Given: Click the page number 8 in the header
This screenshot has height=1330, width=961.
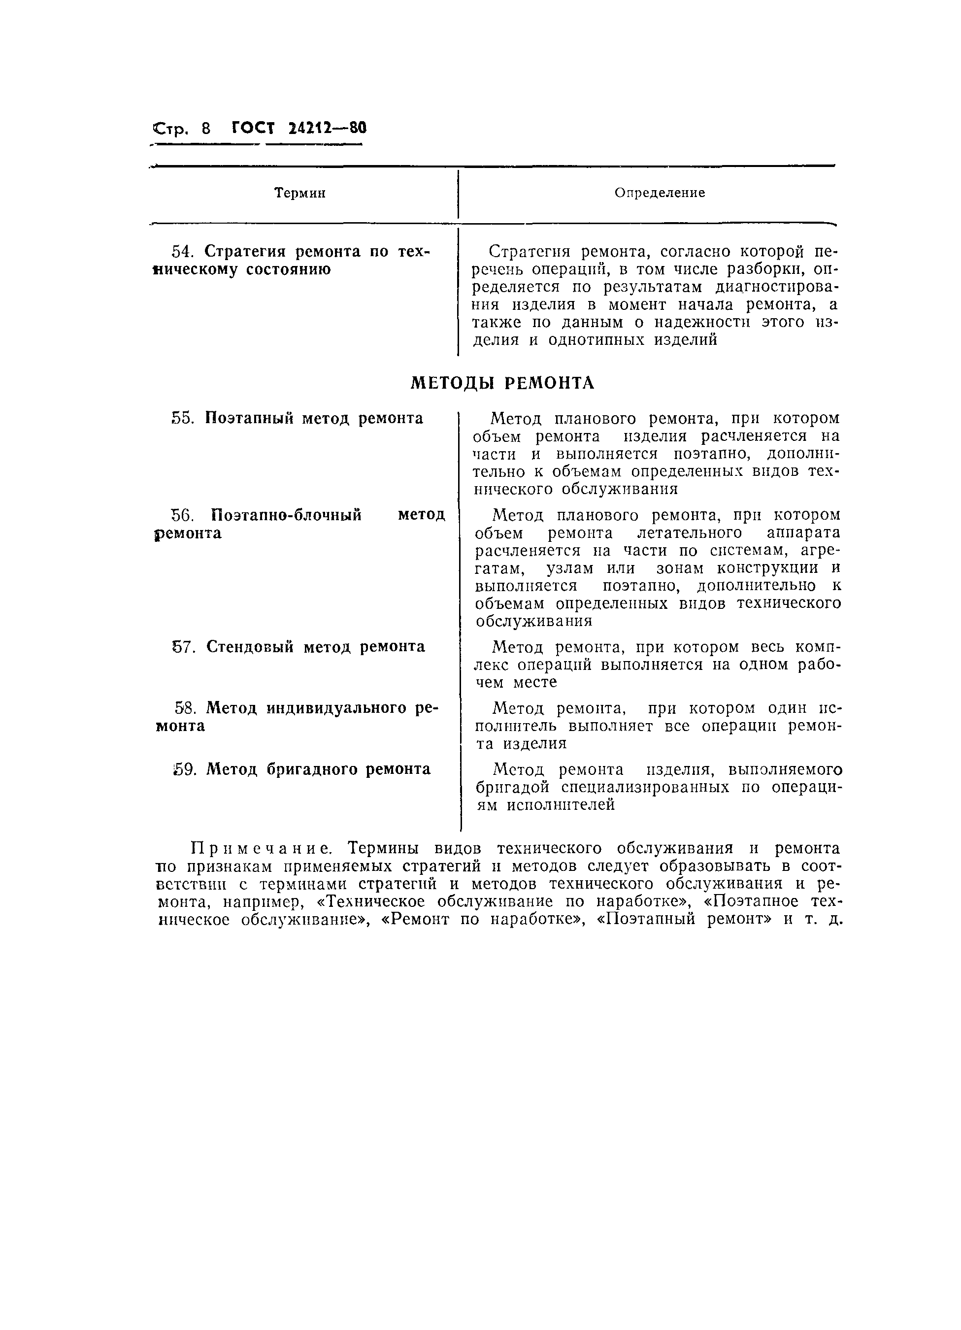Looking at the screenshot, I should click(x=205, y=129).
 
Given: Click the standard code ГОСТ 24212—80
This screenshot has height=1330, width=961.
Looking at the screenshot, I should click(x=298, y=128).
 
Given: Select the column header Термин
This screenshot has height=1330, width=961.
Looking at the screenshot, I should click(x=300, y=193).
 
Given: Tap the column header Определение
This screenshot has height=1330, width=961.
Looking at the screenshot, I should click(x=660, y=193).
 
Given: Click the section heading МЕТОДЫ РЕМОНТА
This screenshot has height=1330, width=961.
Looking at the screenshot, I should click(x=502, y=383).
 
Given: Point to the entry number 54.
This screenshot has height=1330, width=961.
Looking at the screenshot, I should click(x=182, y=252).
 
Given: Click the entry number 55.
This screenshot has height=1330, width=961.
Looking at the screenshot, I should click(x=182, y=418).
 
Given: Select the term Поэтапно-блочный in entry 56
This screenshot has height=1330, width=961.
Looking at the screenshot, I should click(x=286, y=515).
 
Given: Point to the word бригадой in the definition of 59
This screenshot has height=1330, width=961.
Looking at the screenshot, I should click(x=517, y=787).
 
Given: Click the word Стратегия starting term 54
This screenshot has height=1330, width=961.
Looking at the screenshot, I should click(x=246, y=252).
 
